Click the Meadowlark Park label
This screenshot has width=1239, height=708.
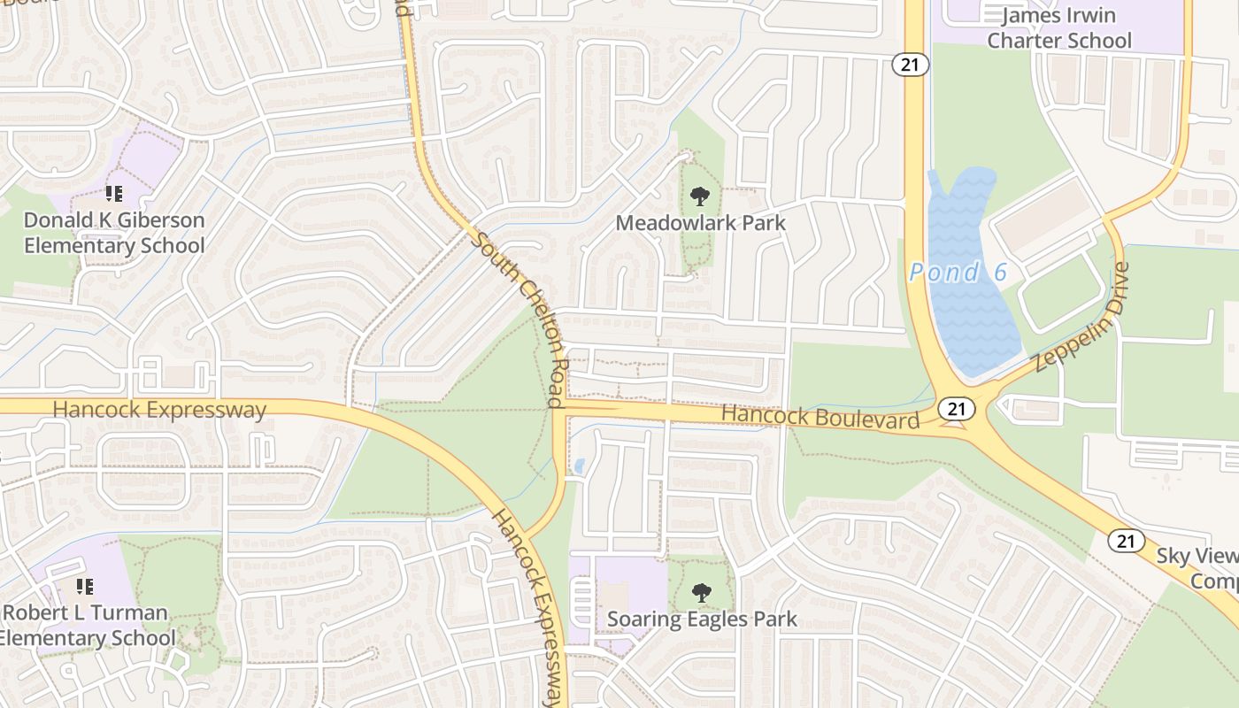[700, 223]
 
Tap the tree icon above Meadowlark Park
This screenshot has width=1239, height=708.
[700, 196]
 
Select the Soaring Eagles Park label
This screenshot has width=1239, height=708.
[702, 619]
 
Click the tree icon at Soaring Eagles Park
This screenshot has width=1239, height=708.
[701, 592]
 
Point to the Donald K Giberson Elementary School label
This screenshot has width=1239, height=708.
[114, 233]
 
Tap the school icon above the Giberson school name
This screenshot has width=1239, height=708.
[113, 193]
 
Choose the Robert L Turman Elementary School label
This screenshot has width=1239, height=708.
[87, 625]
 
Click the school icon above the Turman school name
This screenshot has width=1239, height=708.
[85, 586]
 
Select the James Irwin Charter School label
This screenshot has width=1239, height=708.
[1058, 28]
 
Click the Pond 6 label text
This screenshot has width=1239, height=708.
[958, 273]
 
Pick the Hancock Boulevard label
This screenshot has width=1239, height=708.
[820, 417]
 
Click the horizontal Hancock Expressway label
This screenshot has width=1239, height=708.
[159, 411]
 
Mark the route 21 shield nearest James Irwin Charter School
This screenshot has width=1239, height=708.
[909, 64]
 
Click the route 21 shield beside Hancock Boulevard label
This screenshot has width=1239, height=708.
[957, 408]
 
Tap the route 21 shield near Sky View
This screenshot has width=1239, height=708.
[1127, 541]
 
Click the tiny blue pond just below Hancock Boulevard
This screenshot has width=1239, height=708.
[579, 466]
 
